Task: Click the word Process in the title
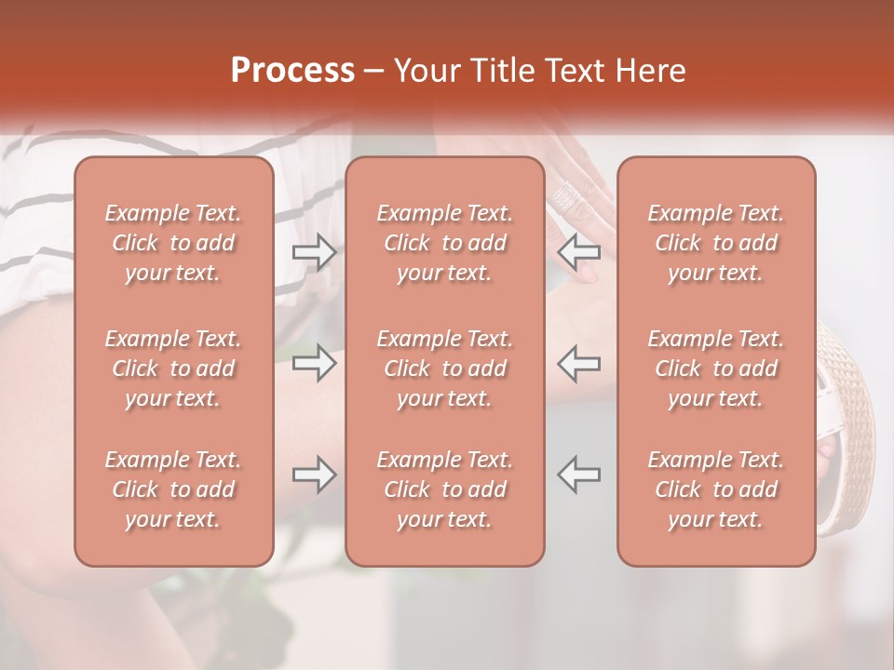click(292, 71)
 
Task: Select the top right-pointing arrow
click(314, 252)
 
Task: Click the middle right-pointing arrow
click(314, 363)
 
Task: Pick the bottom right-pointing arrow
click(314, 475)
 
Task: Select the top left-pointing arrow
click(579, 252)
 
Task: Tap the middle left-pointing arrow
click(579, 363)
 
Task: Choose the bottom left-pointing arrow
click(579, 475)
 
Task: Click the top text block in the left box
click(173, 243)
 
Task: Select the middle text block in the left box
click(173, 368)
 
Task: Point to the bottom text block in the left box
click(173, 489)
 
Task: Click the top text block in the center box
click(444, 243)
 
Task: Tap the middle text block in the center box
click(444, 368)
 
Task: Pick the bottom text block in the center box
click(444, 489)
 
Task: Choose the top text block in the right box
click(715, 243)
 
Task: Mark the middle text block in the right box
click(715, 368)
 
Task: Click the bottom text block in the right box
click(715, 489)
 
